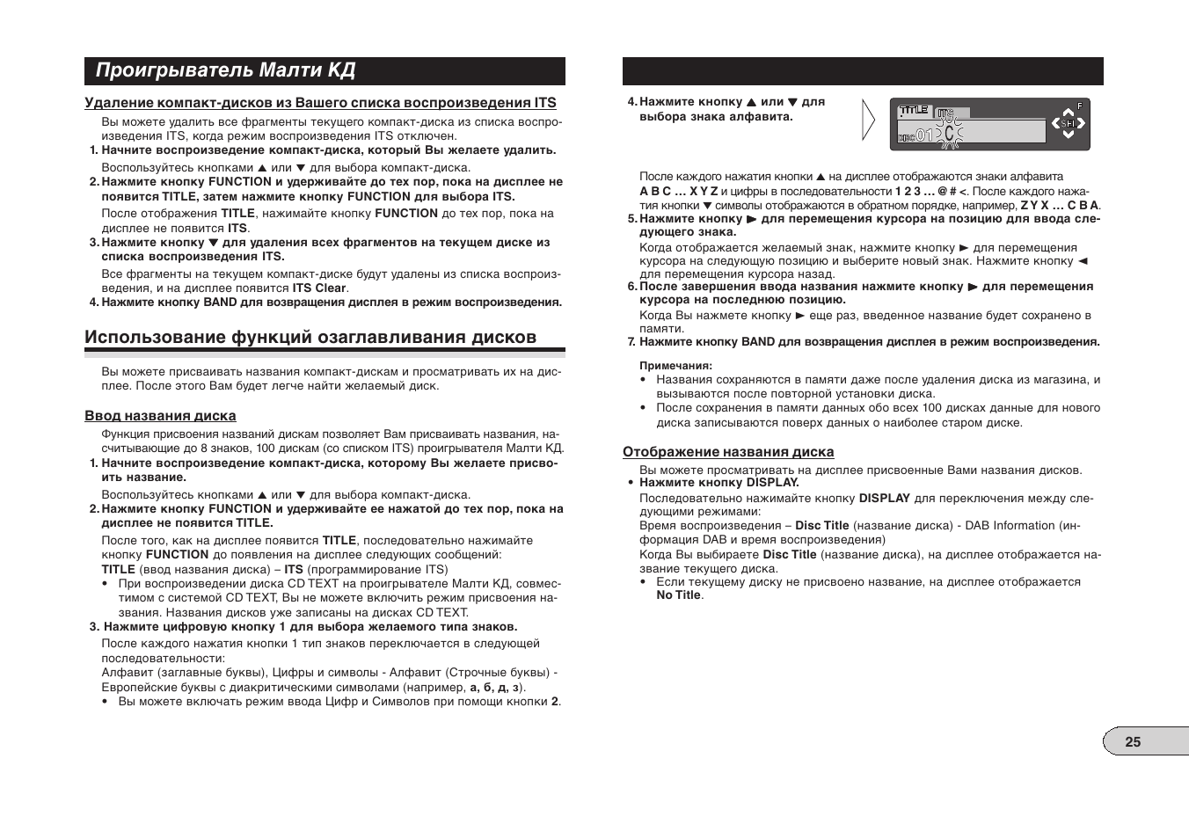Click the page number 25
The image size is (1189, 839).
[x=1133, y=741]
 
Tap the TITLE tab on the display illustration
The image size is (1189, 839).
[x=914, y=111]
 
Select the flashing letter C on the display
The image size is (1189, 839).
[x=949, y=134]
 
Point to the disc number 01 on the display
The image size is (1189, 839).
[x=923, y=135]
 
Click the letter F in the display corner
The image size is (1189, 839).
[x=1080, y=106]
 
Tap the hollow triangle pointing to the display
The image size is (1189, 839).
[x=868, y=121]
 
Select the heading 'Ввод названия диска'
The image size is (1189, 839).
[x=160, y=416]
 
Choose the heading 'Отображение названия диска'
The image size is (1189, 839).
[x=728, y=452]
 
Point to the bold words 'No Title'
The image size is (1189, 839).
[x=678, y=595]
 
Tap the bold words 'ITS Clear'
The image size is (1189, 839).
[x=319, y=288]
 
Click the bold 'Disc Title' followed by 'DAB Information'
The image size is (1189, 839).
[x=822, y=526]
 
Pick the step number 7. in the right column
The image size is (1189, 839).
[x=631, y=342]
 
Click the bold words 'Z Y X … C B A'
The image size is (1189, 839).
[x=1059, y=205]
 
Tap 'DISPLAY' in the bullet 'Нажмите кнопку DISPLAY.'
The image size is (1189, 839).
[x=772, y=482]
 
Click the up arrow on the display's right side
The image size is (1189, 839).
[x=1068, y=112]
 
